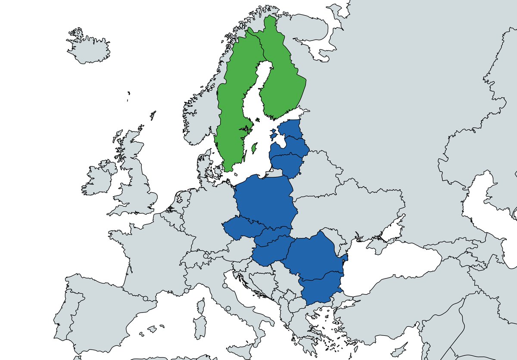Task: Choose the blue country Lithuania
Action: (287, 164)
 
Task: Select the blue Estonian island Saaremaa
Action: (274, 135)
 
